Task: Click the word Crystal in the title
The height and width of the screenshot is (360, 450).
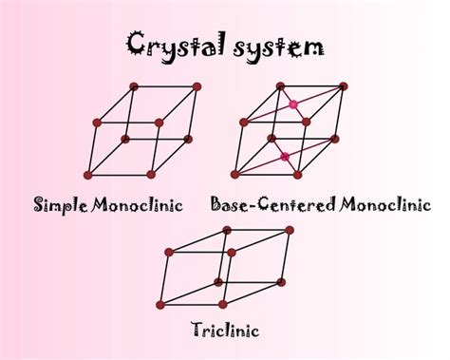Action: click(x=172, y=45)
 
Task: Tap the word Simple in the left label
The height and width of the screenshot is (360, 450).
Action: click(x=64, y=204)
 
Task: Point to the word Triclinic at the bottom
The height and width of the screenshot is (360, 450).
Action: click(x=226, y=331)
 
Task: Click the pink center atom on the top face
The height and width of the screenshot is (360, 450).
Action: click(x=293, y=104)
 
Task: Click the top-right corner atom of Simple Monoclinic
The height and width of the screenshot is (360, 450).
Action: click(x=197, y=86)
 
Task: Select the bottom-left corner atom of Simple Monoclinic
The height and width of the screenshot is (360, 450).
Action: click(x=88, y=175)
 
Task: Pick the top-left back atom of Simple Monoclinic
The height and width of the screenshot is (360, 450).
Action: click(x=134, y=86)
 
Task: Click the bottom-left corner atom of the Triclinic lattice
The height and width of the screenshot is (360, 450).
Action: click(x=160, y=304)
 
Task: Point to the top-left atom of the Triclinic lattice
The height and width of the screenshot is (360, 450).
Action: click(x=169, y=253)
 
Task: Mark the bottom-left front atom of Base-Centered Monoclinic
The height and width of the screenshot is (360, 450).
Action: click(x=234, y=175)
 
